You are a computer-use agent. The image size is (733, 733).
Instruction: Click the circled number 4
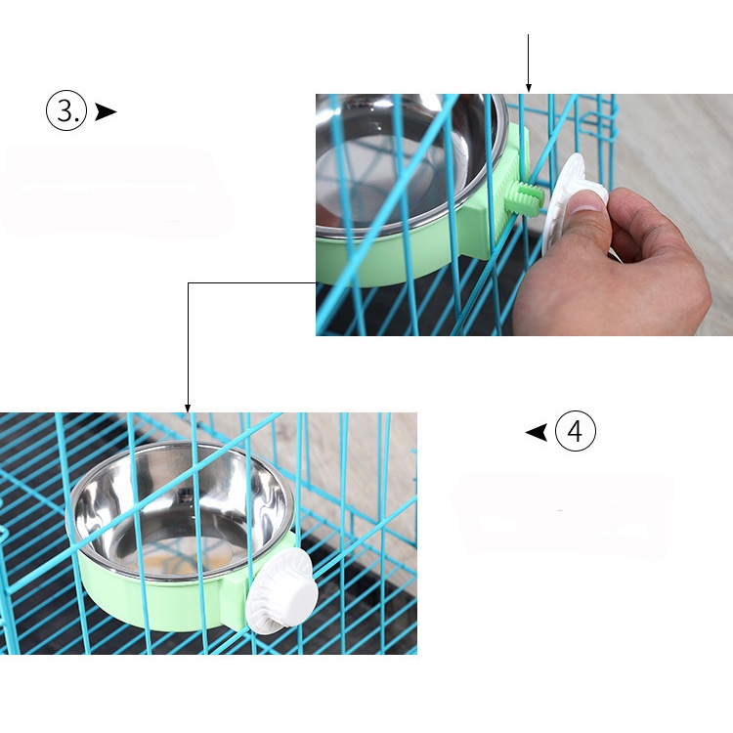click(x=576, y=431)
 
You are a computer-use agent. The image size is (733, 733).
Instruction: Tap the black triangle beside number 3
click(x=105, y=111)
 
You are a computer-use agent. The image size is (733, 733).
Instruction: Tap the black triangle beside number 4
click(x=537, y=431)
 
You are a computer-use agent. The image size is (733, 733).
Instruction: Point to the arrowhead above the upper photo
click(x=528, y=88)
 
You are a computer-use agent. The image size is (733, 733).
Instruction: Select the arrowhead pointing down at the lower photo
click(x=188, y=407)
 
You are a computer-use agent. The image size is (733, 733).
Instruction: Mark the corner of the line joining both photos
click(x=188, y=283)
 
